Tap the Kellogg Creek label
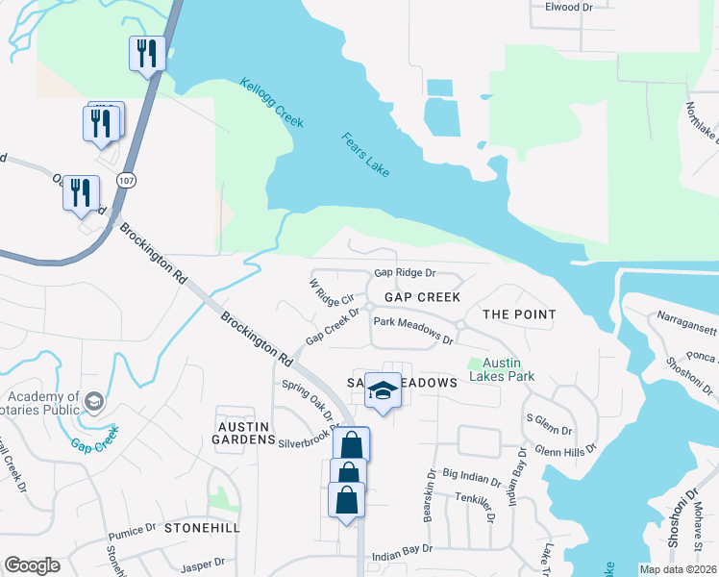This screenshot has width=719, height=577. pos(271,103)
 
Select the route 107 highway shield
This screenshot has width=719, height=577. pos(126,180)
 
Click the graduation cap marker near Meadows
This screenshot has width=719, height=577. pos(383,390)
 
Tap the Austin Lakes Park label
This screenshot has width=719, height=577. pos(508,369)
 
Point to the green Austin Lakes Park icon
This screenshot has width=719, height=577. pos(473,364)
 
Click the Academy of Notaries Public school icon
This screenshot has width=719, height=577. pos(93,400)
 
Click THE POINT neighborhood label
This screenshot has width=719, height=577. pos(519,314)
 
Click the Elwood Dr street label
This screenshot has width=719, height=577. pos(561,7)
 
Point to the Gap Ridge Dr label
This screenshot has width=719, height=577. pos(405,273)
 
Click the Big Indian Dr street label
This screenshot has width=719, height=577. pos(472,477)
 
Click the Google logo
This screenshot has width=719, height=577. pos(32,565)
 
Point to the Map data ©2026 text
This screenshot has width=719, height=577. pos(678,569)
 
